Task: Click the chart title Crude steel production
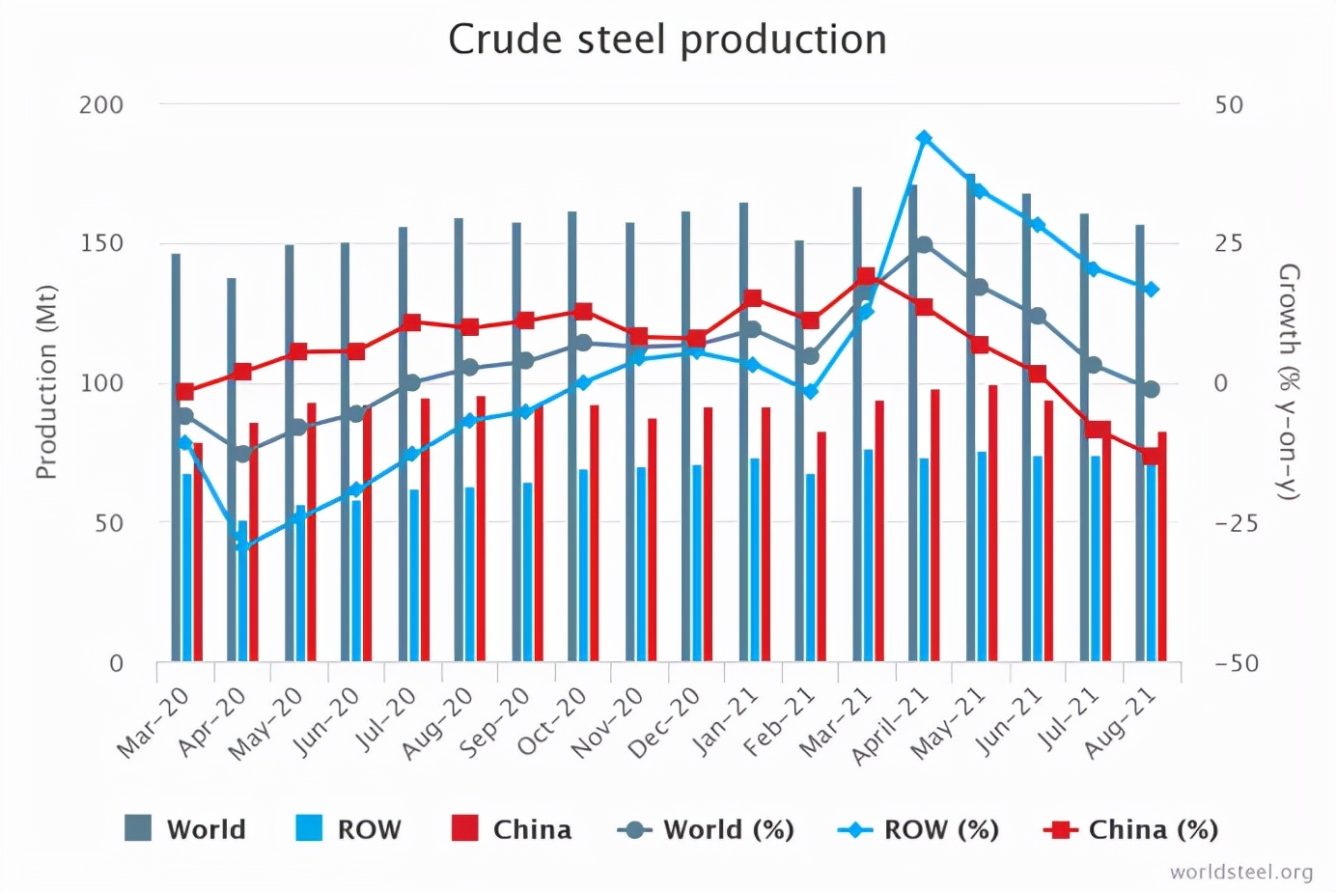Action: pyautogui.click(x=667, y=41)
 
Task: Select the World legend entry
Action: pyautogui.click(x=185, y=829)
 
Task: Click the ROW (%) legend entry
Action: pyautogui.click(x=918, y=829)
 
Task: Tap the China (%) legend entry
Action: pyautogui.click(x=1130, y=829)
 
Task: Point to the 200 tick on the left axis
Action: pyautogui.click(x=101, y=104)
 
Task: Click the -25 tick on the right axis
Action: pyautogui.click(x=1237, y=523)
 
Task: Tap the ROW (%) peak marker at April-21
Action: pyautogui.click(x=924, y=138)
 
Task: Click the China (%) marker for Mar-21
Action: pyautogui.click(x=867, y=277)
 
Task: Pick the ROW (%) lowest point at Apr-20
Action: pyautogui.click(x=241, y=547)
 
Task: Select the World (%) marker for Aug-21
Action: pyautogui.click(x=1151, y=389)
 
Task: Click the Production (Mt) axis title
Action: pyautogui.click(x=46, y=382)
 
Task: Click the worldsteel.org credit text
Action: pyautogui.click(x=1241, y=873)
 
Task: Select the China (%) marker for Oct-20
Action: pyautogui.click(x=582, y=312)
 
